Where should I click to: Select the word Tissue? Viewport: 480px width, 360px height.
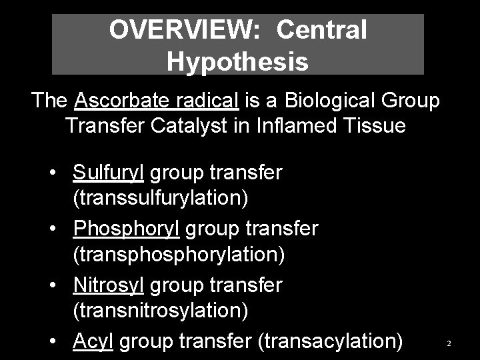coord(375,125)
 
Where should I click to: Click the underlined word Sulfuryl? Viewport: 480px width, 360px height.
coord(109,173)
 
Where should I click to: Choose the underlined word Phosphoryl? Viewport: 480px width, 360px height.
coord(127,229)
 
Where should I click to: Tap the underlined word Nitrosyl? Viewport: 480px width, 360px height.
coord(109,285)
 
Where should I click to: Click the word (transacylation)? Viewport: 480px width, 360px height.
coord(329,341)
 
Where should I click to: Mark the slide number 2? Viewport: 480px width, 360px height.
coord(449,343)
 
